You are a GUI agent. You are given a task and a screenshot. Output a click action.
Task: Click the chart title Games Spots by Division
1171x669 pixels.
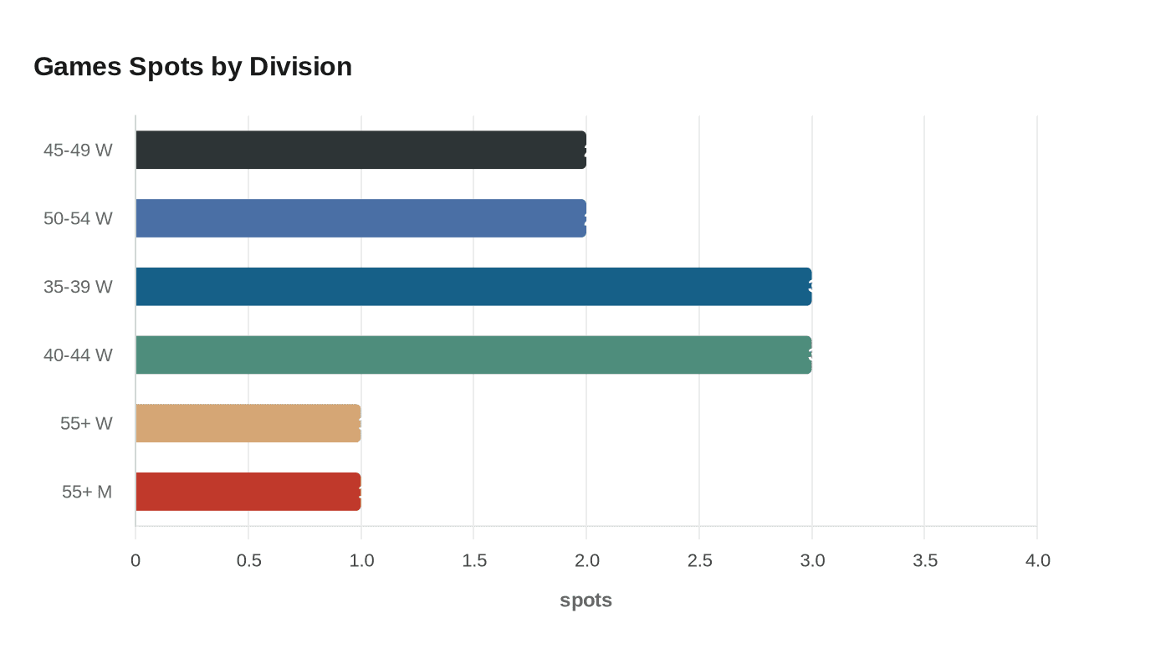[192, 66]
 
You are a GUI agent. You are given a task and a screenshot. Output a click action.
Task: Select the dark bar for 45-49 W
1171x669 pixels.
[361, 150]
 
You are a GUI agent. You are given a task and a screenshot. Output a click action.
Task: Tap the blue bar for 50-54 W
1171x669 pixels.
[361, 218]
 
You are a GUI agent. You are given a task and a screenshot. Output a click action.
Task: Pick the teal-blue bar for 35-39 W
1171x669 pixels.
[473, 287]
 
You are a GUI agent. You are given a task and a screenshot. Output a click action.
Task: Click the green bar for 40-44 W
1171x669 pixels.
[473, 355]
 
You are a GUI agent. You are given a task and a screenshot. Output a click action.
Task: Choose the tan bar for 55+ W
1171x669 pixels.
[248, 423]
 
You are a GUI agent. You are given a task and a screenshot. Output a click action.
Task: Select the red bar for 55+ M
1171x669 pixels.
[248, 492]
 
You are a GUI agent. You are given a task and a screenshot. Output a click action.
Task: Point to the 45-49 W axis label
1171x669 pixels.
[78, 150]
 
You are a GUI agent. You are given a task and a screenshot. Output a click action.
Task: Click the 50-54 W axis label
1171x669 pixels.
[78, 218]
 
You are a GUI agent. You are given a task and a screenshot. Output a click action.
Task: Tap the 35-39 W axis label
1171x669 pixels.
[78, 287]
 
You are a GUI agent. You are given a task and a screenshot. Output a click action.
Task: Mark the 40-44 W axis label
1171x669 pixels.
[78, 355]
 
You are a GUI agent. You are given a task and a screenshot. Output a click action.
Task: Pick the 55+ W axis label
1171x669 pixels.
[86, 423]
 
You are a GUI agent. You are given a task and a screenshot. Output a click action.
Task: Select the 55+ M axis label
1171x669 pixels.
[87, 492]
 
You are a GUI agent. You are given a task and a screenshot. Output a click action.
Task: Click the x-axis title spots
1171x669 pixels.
[585, 600]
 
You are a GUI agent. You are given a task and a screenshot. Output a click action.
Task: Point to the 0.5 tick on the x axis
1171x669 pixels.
[248, 560]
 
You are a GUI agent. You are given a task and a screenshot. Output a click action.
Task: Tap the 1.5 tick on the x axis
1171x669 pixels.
[474, 560]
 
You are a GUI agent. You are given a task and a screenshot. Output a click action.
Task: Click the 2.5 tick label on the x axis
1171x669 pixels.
[699, 560]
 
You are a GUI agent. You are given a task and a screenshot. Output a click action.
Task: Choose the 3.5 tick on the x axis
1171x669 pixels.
[925, 560]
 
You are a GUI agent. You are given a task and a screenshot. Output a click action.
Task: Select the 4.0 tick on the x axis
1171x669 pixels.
[1037, 560]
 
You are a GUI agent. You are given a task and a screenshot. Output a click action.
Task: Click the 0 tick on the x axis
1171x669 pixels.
[136, 560]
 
